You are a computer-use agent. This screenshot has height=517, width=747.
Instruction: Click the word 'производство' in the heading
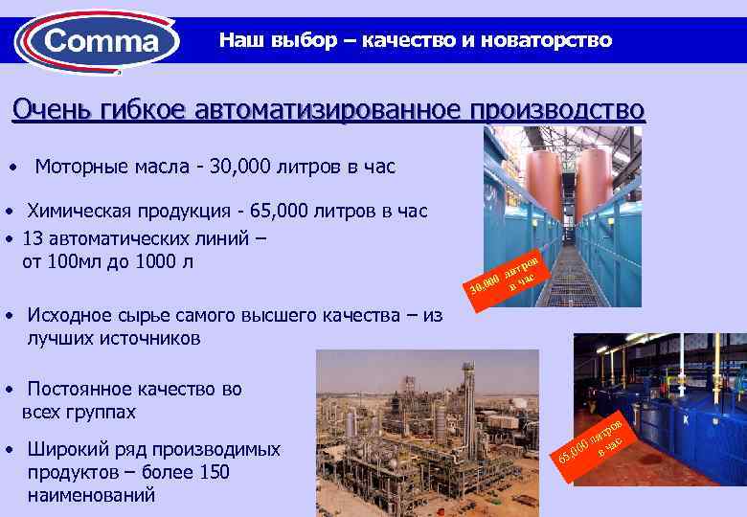(556, 110)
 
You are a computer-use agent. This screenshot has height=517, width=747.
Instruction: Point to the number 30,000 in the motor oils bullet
(260, 168)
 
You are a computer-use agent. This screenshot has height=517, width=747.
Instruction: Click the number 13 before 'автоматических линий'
(32, 236)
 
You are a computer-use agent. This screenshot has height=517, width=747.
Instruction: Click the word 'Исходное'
(69, 315)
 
